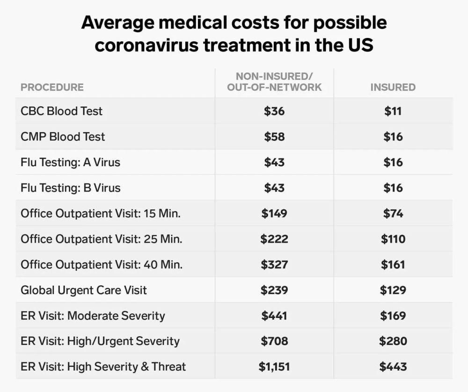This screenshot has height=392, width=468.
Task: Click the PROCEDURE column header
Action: [x=52, y=87]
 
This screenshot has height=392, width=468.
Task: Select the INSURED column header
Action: [x=393, y=87]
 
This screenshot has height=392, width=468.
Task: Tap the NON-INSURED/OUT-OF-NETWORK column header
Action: [x=274, y=81]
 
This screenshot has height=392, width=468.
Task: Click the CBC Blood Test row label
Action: [x=61, y=111]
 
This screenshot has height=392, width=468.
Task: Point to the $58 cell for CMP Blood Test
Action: [x=274, y=137]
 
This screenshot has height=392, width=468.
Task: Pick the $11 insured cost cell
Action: [x=393, y=111]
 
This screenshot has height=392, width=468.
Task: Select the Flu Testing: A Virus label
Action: [x=70, y=163]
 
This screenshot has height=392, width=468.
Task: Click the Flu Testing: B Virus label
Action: [x=70, y=188]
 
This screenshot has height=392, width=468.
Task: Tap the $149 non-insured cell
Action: [x=274, y=214]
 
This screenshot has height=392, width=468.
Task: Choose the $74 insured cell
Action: [x=393, y=214]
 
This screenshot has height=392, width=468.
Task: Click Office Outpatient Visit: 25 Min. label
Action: [x=102, y=239]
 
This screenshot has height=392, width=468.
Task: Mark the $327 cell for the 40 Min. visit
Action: [x=274, y=265]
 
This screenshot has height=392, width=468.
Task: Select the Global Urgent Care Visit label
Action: [x=84, y=290]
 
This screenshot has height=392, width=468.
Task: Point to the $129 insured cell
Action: [x=393, y=290]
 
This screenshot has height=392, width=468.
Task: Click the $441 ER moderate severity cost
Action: [x=274, y=316]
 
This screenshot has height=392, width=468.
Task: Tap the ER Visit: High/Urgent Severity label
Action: [x=100, y=341]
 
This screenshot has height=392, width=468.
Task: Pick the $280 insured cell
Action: [x=393, y=341]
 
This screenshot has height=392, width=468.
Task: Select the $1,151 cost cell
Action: [x=274, y=366]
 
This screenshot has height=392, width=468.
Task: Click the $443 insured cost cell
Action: [x=393, y=366]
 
